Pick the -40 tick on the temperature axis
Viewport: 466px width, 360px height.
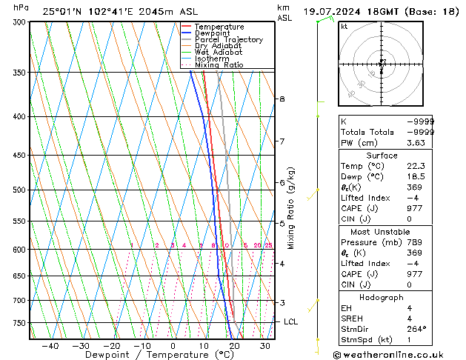(50, 345)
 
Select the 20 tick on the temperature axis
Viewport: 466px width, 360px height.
(234, 345)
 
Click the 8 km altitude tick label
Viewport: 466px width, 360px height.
(282, 99)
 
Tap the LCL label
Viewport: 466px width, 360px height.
(290, 321)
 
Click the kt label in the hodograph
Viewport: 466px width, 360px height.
(344, 26)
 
